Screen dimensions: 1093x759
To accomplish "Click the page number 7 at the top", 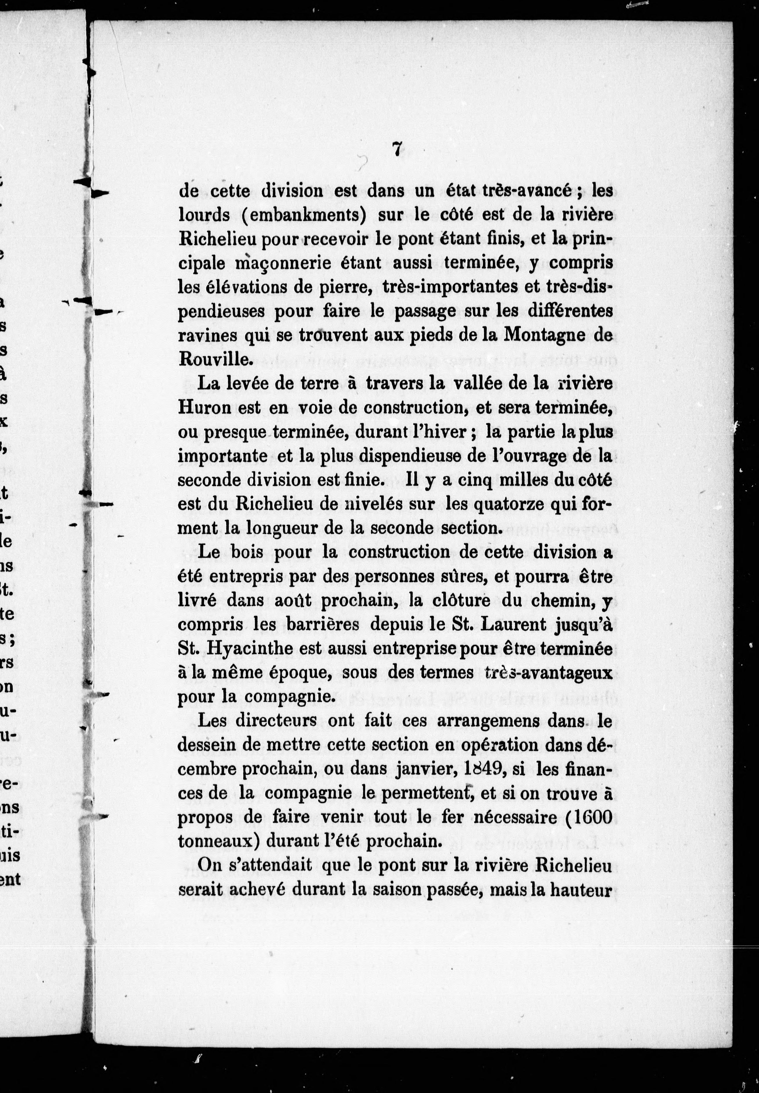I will (396, 149).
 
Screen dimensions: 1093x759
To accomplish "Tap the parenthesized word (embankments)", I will (304, 215).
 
